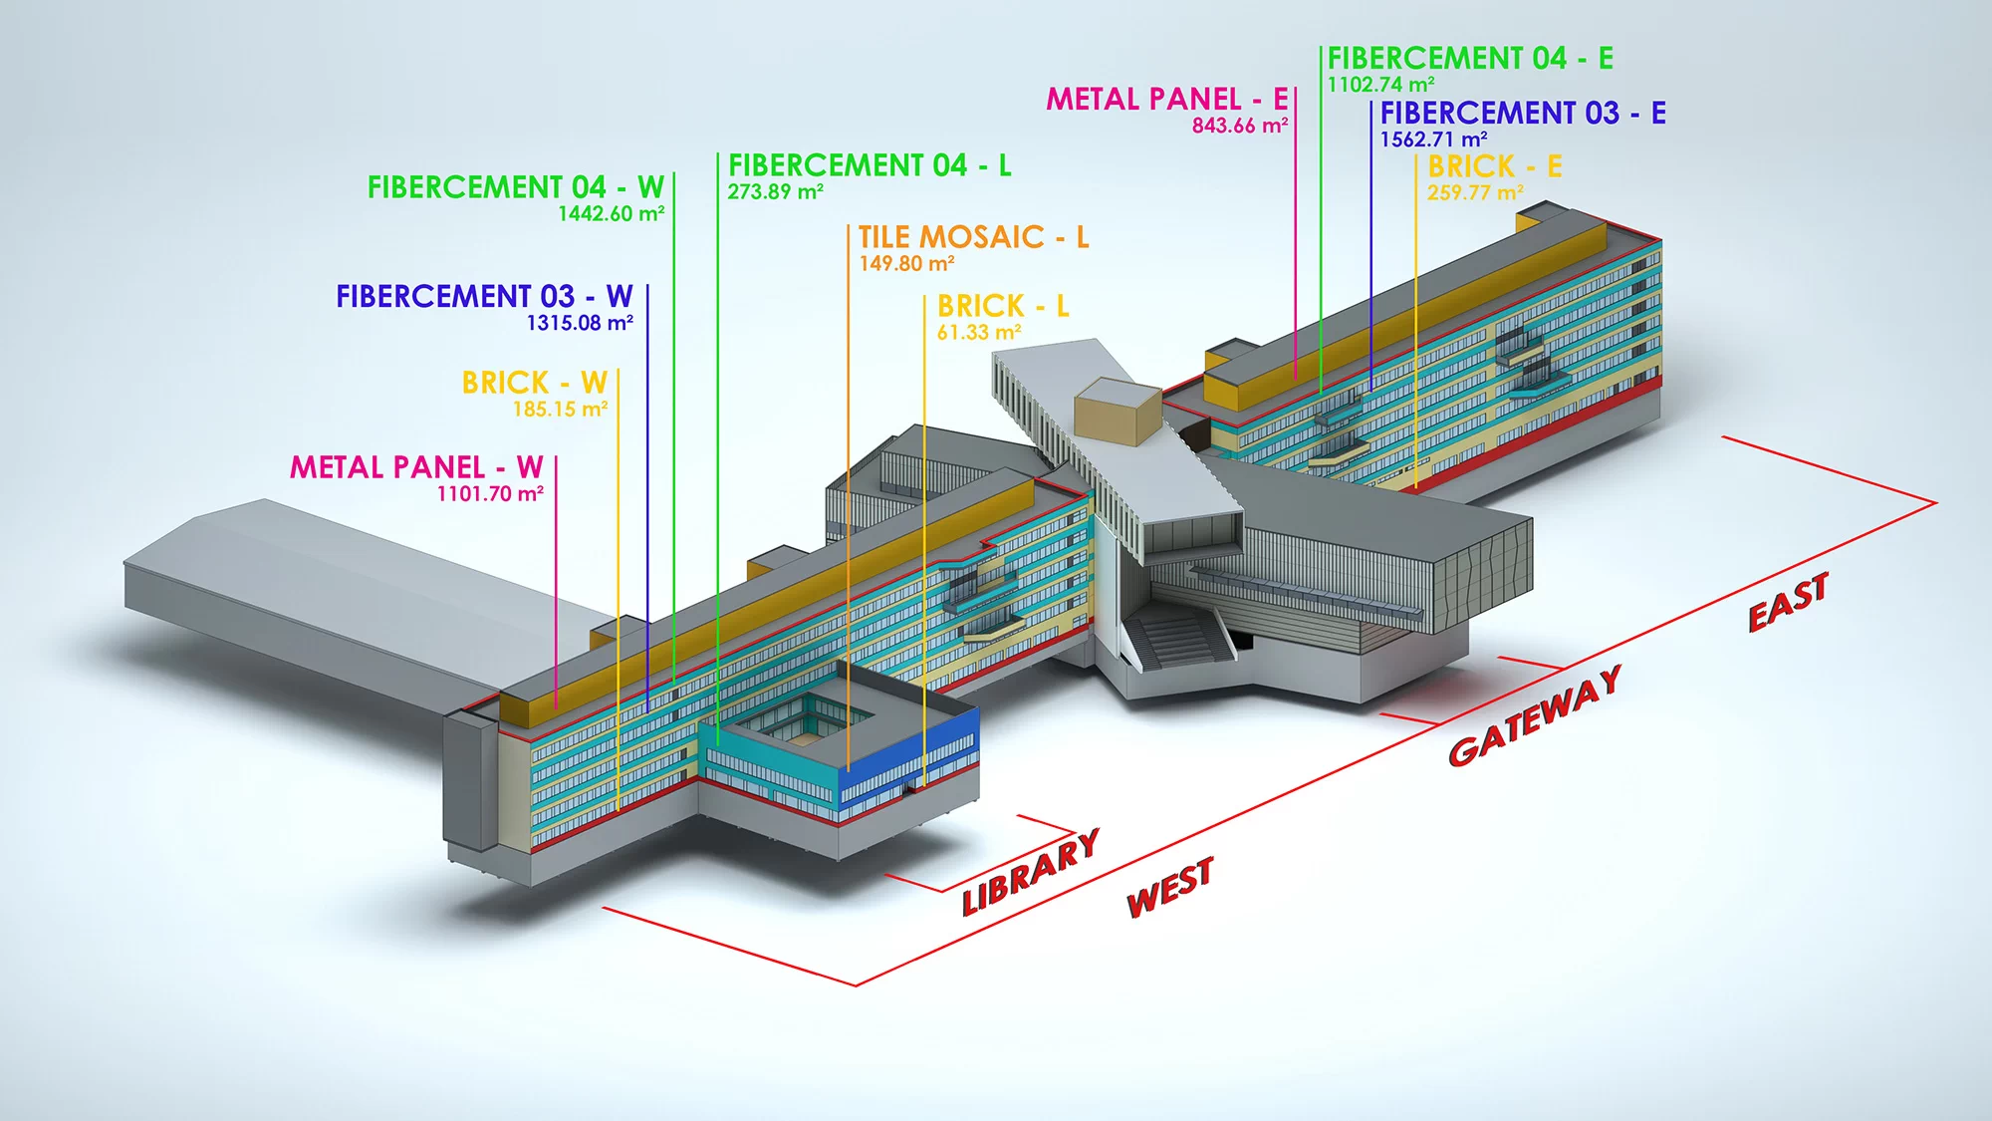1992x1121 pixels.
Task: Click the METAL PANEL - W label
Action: (x=416, y=467)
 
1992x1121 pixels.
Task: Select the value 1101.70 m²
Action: (x=490, y=494)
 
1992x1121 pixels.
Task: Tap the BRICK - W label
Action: (x=534, y=383)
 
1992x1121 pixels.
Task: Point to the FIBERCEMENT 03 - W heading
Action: (x=484, y=297)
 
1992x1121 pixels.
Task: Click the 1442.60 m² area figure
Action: (x=611, y=214)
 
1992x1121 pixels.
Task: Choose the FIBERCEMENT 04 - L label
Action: (x=870, y=165)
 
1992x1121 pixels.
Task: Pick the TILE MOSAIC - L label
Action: (x=973, y=237)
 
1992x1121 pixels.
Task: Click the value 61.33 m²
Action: (x=979, y=333)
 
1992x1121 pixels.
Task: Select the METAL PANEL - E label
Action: (x=1166, y=100)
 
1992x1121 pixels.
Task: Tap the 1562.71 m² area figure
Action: (x=1433, y=140)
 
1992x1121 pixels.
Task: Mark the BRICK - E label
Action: (x=1494, y=166)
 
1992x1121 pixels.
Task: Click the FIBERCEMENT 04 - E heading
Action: (x=1470, y=59)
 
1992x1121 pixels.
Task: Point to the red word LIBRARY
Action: (x=1031, y=872)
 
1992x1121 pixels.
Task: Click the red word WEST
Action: (x=1169, y=887)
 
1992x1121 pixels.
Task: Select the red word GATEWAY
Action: (x=1535, y=715)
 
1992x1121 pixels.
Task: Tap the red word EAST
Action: (x=1789, y=603)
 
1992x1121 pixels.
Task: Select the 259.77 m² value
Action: (x=1474, y=193)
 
